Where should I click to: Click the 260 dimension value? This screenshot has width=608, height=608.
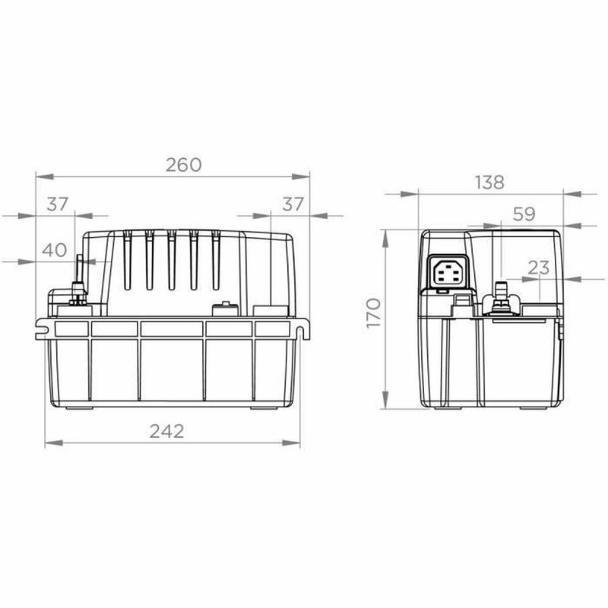(x=184, y=165)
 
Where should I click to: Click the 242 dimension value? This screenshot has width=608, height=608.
(x=166, y=431)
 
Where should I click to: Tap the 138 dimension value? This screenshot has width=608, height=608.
(x=489, y=182)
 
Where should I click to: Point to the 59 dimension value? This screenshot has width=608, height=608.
(x=524, y=214)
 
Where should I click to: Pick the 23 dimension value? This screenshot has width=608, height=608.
(x=538, y=267)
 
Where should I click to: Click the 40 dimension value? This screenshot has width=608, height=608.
(x=52, y=249)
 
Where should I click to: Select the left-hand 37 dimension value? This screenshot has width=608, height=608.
(x=57, y=204)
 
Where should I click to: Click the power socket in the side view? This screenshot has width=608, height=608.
(x=446, y=272)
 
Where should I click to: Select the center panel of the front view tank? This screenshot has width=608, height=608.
(x=172, y=368)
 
